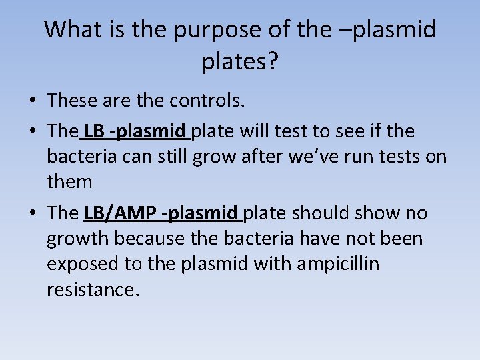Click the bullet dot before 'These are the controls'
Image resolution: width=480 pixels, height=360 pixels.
(33, 101)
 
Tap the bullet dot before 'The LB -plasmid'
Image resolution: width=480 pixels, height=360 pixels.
(33, 132)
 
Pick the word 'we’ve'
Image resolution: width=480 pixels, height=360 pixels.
(311, 157)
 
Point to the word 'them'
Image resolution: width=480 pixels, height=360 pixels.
(69, 182)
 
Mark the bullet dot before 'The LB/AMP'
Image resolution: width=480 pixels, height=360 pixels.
(33, 214)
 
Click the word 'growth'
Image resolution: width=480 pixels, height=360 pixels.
(81, 239)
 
